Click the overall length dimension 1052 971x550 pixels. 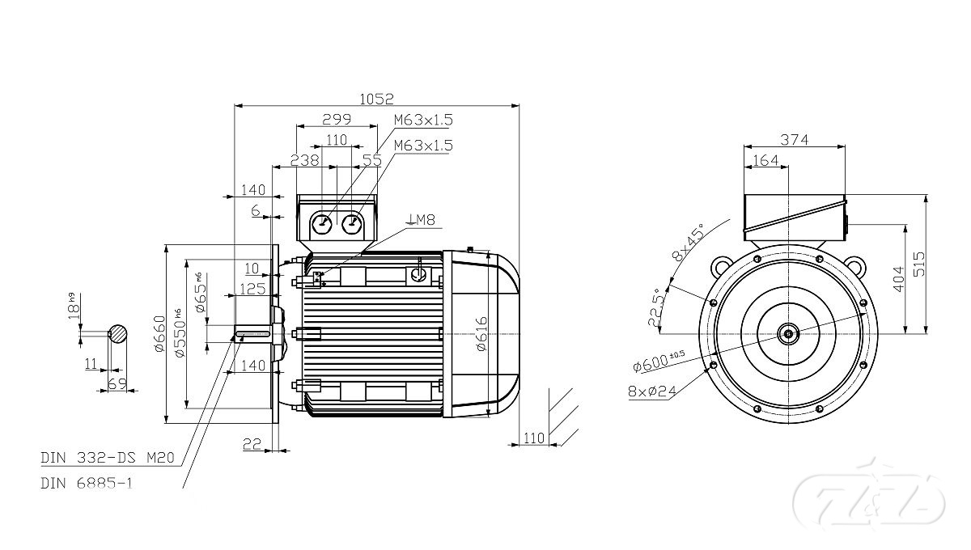tap(377, 99)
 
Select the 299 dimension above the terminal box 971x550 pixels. tap(337, 119)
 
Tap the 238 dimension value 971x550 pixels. tap(304, 160)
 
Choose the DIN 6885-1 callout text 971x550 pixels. tap(87, 483)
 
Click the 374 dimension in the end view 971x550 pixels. tap(795, 139)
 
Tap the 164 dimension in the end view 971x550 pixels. tap(765, 160)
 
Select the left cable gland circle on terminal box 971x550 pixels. tap(323, 224)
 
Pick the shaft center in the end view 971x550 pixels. tap(787, 332)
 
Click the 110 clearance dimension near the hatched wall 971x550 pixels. tap(533, 438)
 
